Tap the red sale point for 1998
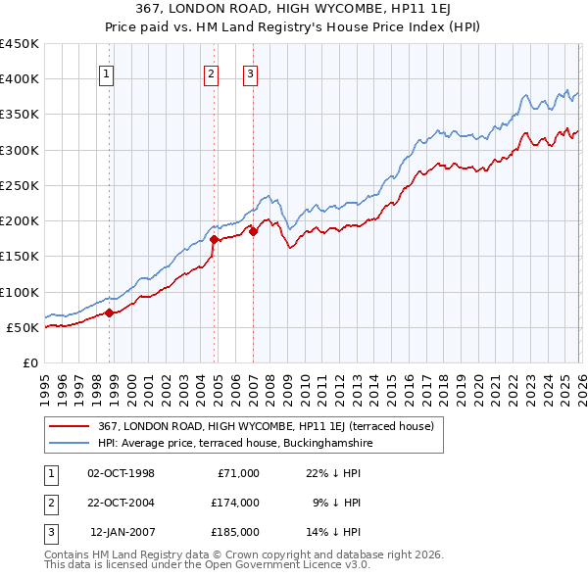pos(110,313)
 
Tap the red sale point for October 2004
pos(215,239)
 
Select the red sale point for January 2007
pos(253,231)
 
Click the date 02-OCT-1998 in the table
pos(121,473)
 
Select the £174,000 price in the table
pos(234,503)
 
